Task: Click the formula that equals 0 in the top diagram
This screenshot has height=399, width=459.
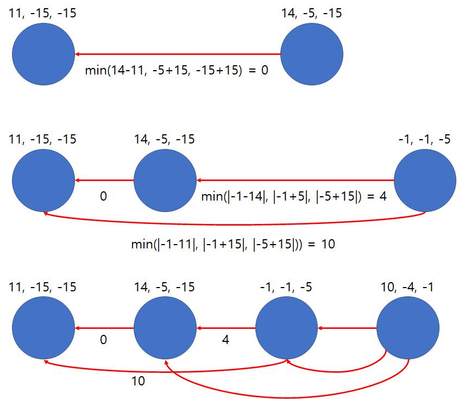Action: [177, 70]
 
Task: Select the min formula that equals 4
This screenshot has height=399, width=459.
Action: [294, 196]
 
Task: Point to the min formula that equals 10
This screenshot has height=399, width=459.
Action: [233, 244]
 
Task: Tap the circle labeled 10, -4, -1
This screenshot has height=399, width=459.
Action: [408, 328]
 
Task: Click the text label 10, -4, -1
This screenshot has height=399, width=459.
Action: [407, 287]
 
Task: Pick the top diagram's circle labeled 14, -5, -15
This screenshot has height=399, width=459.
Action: [312, 54]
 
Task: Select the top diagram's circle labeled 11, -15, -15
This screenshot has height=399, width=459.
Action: [43, 54]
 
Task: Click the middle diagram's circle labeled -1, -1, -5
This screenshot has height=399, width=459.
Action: [425, 180]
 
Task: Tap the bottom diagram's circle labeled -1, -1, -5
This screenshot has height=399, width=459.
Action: [287, 328]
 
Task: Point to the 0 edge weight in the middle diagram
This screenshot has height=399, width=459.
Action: [103, 196]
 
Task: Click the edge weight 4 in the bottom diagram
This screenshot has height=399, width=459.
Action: [225, 340]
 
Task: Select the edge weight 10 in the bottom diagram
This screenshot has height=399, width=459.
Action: [138, 381]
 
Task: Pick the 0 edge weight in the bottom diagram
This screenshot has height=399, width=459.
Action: [103, 340]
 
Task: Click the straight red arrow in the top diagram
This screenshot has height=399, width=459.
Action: [178, 54]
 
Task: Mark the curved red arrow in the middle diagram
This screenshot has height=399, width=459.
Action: [234, 225]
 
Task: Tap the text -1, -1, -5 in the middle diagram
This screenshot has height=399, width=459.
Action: [424, 140]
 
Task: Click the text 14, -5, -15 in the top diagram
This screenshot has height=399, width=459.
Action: [311, 14]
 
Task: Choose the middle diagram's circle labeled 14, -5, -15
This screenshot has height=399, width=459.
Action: [165, 180]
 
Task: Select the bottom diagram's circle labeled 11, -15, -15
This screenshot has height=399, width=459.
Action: [43, 328]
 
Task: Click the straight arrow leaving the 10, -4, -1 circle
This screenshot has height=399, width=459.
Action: [347, 328]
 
